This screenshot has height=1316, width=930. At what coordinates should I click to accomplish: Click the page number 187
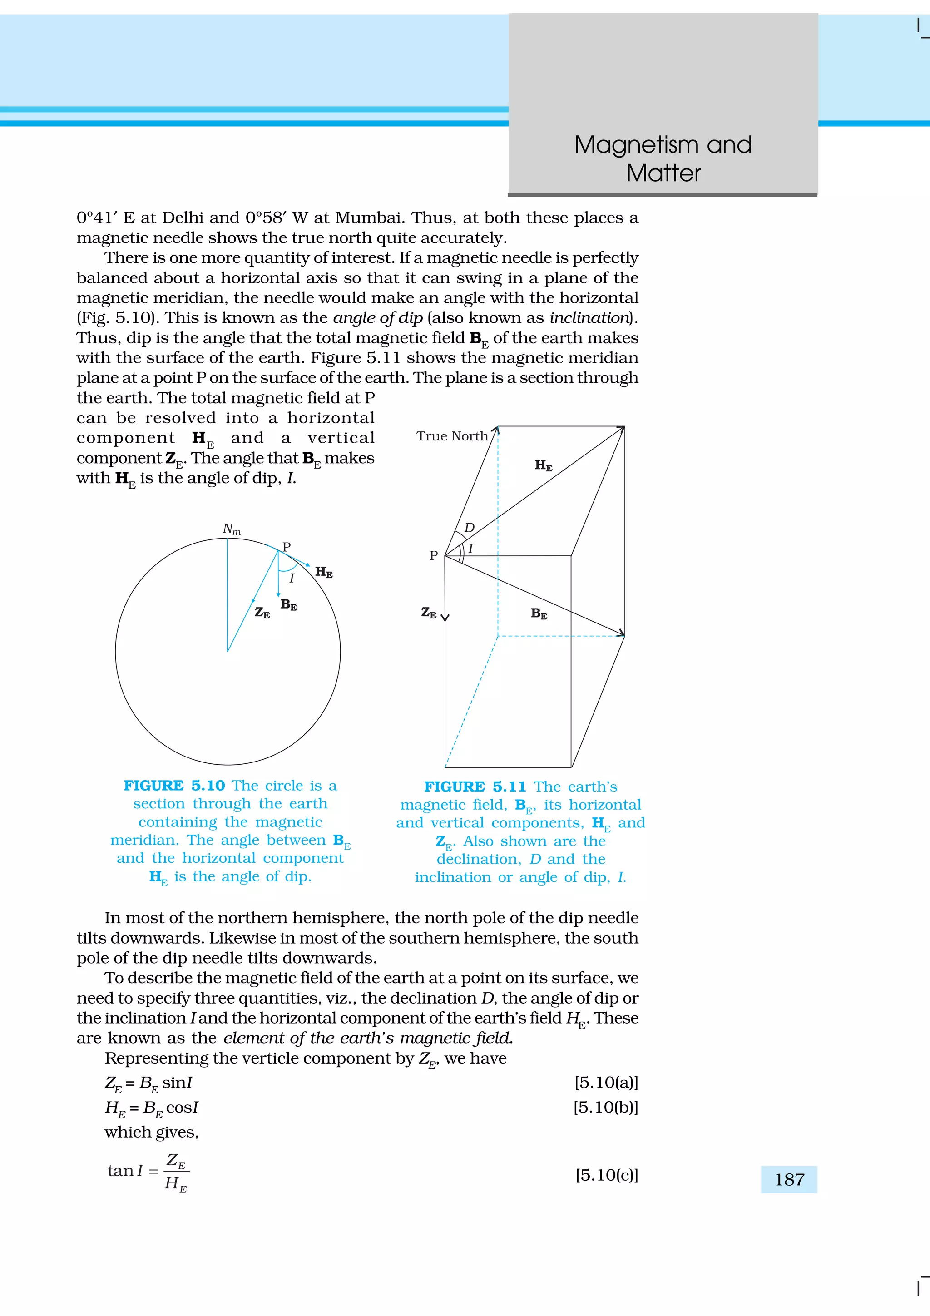point(789,1180)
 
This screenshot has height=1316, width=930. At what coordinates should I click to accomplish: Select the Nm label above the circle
point(232,529)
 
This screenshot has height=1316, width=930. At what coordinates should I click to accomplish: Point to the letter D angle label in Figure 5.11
point(469,527)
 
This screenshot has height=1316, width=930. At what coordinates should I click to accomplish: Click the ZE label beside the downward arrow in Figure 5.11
point(429,613)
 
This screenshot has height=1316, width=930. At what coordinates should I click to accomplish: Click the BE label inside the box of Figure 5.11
point(539,614)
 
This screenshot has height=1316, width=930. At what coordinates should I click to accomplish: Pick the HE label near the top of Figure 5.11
point(543,465)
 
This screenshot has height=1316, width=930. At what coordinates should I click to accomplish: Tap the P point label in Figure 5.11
point(434,555)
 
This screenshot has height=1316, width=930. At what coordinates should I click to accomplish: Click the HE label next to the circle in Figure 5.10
point(324,572)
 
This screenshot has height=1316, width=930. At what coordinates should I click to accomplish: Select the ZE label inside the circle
point(262,613)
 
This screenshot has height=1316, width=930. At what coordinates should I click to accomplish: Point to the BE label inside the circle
point(289,605)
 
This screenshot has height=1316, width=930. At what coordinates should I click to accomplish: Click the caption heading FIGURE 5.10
point(174,786)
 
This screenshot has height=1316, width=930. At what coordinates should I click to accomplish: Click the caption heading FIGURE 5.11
point(475,787)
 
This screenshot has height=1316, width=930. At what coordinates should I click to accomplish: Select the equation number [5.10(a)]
point(606,1083)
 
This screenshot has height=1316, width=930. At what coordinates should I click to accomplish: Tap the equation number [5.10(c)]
point(606,1176)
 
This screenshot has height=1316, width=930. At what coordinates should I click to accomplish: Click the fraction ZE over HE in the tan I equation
point(176,1172)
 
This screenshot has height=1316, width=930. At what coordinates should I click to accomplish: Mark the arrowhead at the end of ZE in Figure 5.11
point(445,618)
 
